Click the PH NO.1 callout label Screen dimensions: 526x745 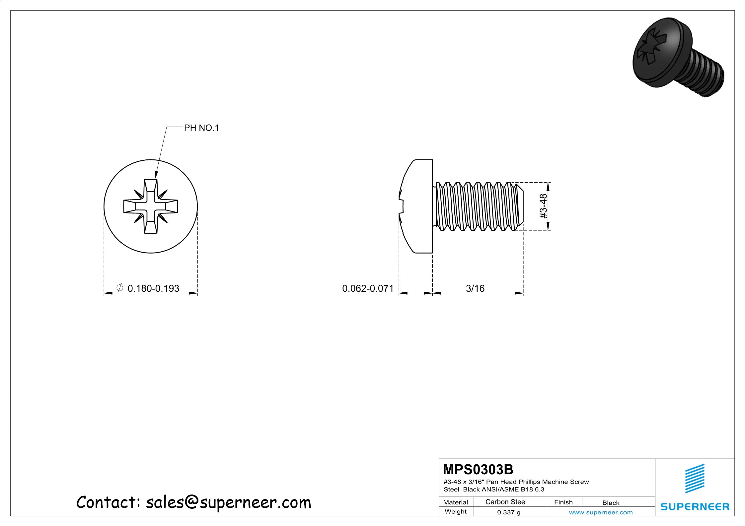tap(201, 128)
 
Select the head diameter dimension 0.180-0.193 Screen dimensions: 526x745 tap(153, 288)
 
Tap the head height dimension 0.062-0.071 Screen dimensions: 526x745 tap(368, 288)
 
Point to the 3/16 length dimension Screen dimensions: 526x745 tap(475, 288)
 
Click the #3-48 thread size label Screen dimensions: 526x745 tap(543, 206)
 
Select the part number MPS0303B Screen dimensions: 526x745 tap(478, 470)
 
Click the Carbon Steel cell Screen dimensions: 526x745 tap(506, 502)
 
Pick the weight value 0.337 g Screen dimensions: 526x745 tap(508, 512)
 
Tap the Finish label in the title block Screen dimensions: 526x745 tap(563, 502)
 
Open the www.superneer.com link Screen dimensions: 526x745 tap(601, 512)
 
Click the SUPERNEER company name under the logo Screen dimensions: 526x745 tap(695, 507)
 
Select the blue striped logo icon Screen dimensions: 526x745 tap(695, 478)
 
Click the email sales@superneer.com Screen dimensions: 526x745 tap(228, 502)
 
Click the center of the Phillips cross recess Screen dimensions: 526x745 tap(151, 206)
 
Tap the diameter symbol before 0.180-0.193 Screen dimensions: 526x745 tap(120, 288)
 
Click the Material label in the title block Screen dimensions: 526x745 tap(455, 502)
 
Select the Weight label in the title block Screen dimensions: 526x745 tap(455, 511)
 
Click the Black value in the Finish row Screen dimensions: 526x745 tap(611, 503)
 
